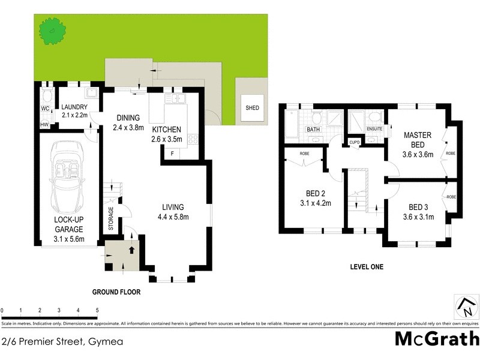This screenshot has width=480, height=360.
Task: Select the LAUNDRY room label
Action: point(75,107)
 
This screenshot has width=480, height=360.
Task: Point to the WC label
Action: point(45,109)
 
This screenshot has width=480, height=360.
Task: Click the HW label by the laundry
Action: point(44,124)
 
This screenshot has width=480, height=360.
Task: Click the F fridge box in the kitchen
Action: point(173,154)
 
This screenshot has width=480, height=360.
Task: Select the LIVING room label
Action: point(172,208)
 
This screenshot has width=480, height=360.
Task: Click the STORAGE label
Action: point(110,219)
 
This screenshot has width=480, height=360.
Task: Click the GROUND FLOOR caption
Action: point(116,292)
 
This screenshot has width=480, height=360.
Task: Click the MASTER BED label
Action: point(418,140)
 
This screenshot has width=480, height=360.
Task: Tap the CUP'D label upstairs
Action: point(354,142)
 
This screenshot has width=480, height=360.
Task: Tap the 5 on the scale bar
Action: point(97,310)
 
